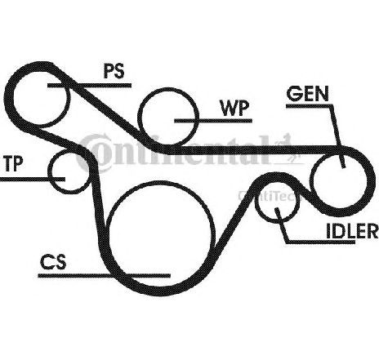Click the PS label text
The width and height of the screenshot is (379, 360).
click(x=114, y=71)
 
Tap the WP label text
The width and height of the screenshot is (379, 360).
click(x=235, y=108)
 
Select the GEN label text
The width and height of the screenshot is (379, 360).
click(x=308, y=94)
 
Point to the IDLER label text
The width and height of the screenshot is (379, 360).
click(x=352, y=231)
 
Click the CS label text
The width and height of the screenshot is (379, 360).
click(x=53, y=262)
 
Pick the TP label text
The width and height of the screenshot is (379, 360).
click(x=14, y=163)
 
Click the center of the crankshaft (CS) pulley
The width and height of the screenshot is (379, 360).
click(x=159, y=234)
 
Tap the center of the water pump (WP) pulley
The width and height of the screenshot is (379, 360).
click(x=168, y=117)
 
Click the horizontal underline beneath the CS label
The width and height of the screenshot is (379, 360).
click(x=105, y=276)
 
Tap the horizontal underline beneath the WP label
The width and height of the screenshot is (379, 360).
click(x=213, y=121)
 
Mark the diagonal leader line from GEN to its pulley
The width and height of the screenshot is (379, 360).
click(x=337, y=136)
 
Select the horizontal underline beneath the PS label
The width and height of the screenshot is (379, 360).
click(x=89, y=85)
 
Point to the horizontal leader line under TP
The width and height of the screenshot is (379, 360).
click(x=33, y=179)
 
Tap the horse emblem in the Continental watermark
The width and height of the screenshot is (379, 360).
click(x=288, y=149)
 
